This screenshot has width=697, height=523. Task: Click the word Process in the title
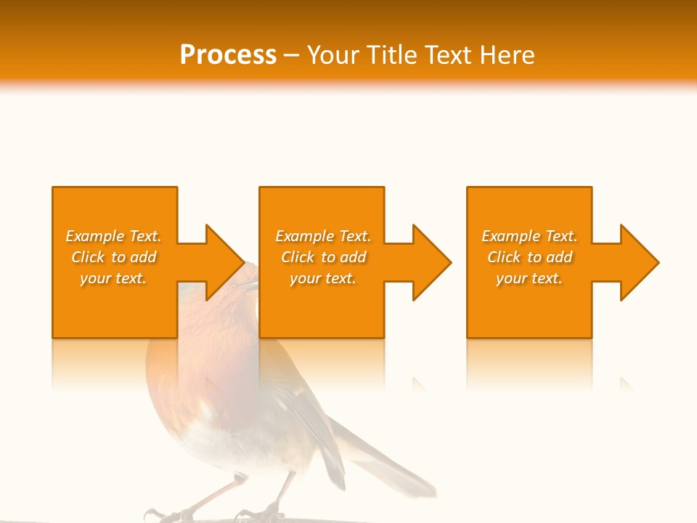pos(228,55)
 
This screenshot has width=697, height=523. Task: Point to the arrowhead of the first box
pos(225,262)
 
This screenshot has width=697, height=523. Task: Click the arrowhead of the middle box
pos(432,262)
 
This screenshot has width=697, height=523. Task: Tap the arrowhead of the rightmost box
pos(640,262)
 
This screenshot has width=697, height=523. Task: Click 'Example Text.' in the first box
pos(113,236)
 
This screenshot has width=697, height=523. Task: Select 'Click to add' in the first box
pos(113,257)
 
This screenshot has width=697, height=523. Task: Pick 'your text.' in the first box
pos(113,278)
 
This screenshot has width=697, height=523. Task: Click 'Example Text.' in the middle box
pos(323,236)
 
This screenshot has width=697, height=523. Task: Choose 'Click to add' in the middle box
pos(323,257)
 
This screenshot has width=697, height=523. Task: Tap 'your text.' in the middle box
pos(323,278)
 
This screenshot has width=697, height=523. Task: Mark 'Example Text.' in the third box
pos(529,236)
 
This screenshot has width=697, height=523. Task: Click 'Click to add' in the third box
pos(529,257)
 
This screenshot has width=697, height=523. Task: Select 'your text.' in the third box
pos(529,278)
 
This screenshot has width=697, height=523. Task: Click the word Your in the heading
pos(335,55)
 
